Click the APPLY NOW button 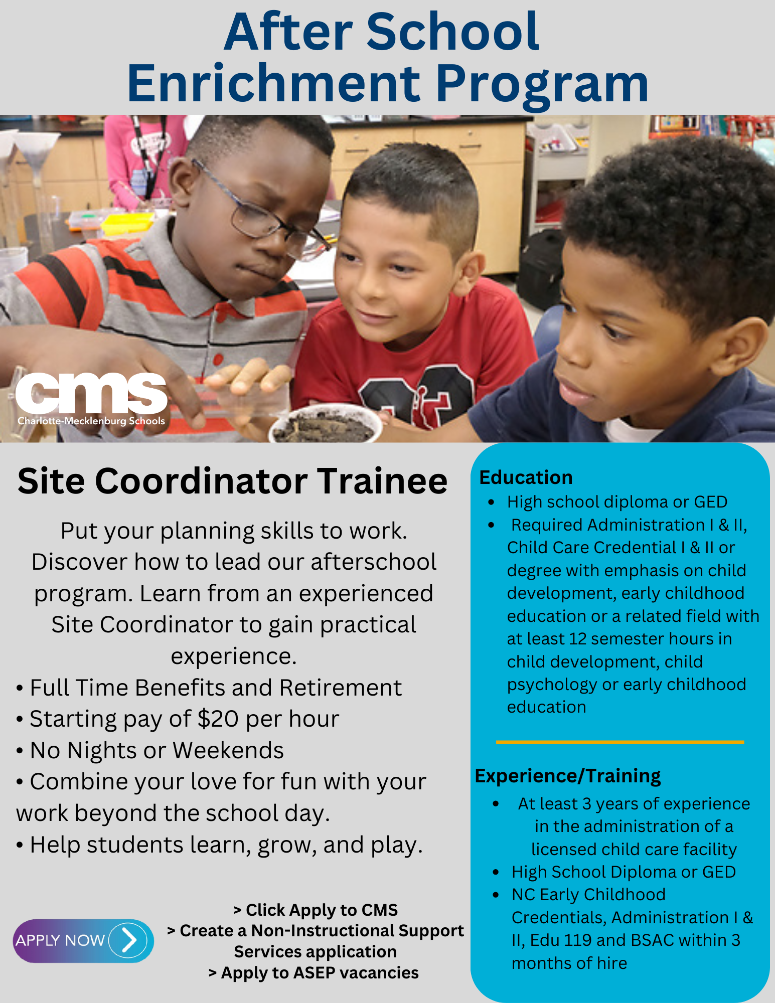[83, 940]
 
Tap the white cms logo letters [91, 393]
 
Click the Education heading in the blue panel [526, 477]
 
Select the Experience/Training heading [567, 776]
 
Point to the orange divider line [620, 742]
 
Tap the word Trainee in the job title [382, 481]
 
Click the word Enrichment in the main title [274, 83]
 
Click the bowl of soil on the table [325, 424]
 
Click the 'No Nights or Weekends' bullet [150, 751]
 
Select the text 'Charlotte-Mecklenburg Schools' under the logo [91, 421]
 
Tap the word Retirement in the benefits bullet [341, 688]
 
